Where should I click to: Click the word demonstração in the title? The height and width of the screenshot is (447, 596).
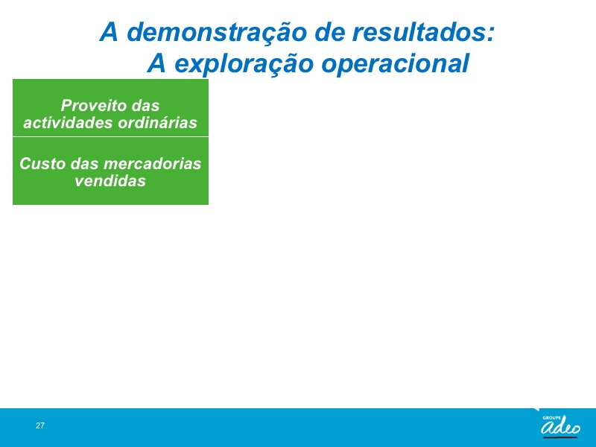click(x=217, y=32)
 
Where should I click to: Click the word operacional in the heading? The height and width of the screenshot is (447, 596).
click(x=396, y=63)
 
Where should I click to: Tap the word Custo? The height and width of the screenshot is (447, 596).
click(x=42, y=163)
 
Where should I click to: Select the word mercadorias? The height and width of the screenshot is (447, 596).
click(x=152, y=163)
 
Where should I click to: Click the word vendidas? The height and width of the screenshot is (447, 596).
click(x=110, y=180)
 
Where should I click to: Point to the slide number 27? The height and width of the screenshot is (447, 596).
click(x=40, y=425)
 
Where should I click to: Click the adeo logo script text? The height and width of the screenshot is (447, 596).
click(x=561, y=428)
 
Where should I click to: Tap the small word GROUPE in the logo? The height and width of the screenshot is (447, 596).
click(x=552, y=418)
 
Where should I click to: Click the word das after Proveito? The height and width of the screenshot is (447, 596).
click(x=145, y=105)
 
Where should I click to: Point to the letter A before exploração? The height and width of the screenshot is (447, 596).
click(x=157, y=63)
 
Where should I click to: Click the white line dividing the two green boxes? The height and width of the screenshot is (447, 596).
click(x=110, y=136)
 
